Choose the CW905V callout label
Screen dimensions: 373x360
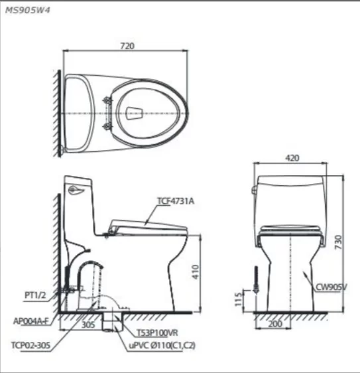(x=333, y=287)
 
